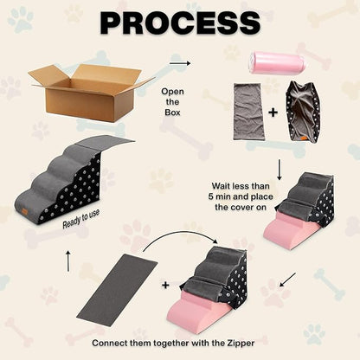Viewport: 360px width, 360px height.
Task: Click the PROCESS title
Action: pos(180,22)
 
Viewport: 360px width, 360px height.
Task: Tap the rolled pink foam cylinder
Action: pos(279,62)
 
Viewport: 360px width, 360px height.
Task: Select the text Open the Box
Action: pos(172,102)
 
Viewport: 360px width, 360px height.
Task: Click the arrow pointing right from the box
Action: pos(180,63)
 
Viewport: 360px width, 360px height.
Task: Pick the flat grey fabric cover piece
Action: pos(247,110)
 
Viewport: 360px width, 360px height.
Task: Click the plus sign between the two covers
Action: pos(273,112)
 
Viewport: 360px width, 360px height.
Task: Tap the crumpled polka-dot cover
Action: pos(303,112)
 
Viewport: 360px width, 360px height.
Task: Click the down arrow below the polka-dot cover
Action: pos(280,170)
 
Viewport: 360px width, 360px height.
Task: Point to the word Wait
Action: pos(222,186)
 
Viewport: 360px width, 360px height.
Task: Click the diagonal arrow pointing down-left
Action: pos(287,280)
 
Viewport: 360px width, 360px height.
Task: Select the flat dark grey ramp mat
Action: pos(118,290)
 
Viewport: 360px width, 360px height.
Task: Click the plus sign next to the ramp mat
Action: pos(165,286)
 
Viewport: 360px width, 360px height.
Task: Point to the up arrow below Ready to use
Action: pos(68,261)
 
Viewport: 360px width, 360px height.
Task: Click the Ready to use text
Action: pos(81,219)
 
